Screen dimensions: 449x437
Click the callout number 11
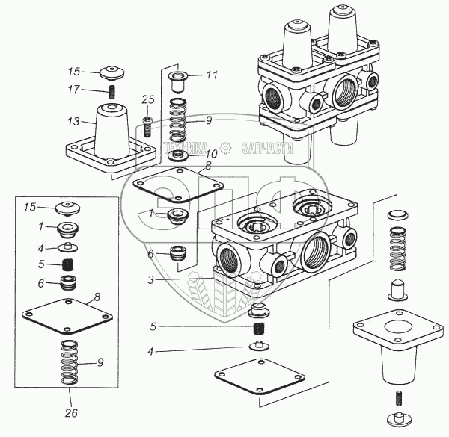(212, 75)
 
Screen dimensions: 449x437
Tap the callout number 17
(73, 90)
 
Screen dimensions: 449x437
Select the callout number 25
(148, 99)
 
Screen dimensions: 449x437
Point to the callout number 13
(73, 122)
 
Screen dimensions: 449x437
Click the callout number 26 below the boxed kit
(71, 412)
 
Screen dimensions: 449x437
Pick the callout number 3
(151, 280)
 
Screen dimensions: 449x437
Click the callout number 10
(211, 154)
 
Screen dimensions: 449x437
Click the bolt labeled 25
(147, 127)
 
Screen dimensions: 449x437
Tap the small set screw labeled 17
(112, 91)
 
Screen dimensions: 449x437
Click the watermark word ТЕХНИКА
(186, 148)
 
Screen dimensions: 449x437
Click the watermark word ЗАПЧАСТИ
(267, 148)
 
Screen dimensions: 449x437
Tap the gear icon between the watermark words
(225, 148)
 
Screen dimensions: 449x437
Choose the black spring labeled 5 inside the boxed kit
(68, 264)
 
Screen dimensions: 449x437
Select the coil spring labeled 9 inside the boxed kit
(70, 362)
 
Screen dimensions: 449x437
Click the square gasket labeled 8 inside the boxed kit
(67, 317)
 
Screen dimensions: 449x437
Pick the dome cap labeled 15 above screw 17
(112, 72)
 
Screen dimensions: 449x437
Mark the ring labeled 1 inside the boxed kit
(68, 230)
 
